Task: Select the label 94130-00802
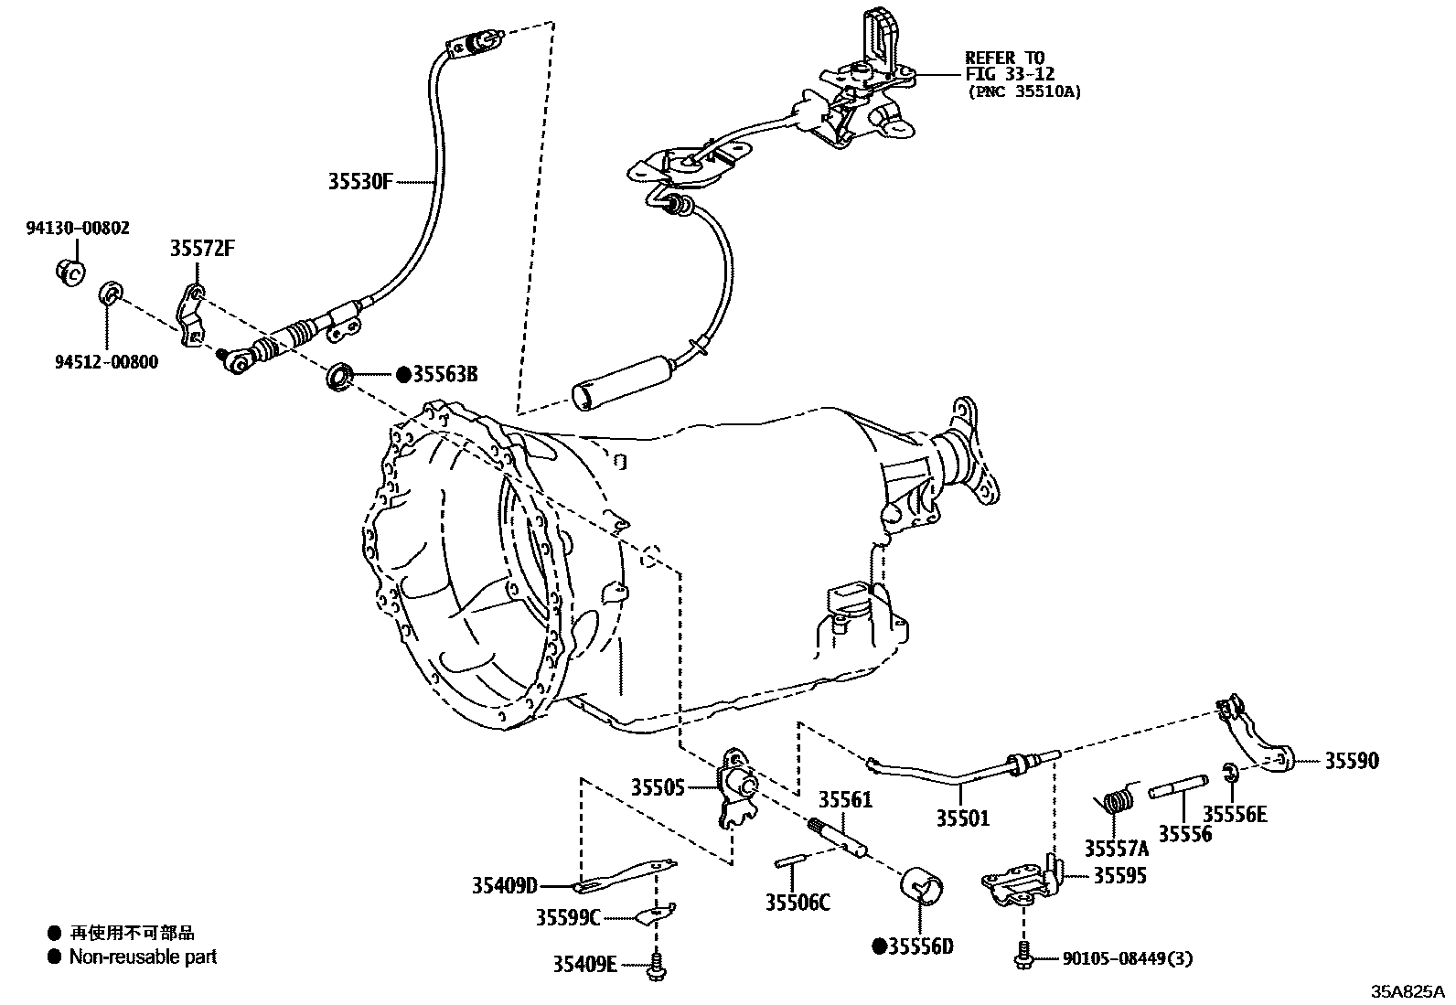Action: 77,228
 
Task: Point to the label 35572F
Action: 201,249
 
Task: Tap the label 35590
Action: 1352,761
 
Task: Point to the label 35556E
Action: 1235,814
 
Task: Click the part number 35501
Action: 962,818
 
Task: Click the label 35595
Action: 1120,875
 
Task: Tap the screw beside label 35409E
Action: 656,966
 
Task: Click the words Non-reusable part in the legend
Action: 144,957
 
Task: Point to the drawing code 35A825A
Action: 1407,991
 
